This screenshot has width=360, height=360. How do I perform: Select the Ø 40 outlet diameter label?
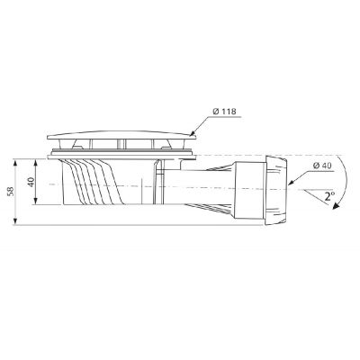(x=325, y=165)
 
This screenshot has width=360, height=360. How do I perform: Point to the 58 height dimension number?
(x=10, y=192)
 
